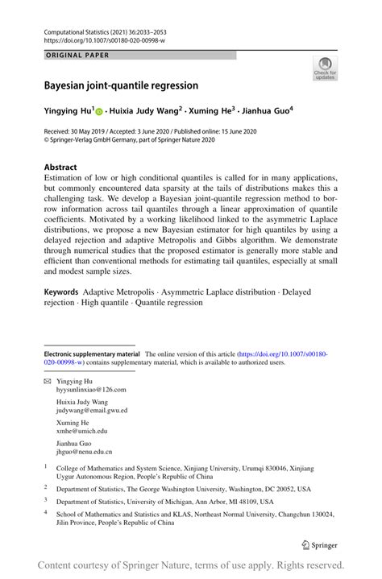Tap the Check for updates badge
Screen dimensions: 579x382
pyautogui.click(x=325, y=69)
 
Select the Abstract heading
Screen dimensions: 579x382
pyautogui.click(x=60, y=167)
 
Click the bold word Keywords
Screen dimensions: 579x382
pyautogui.click(x=65, y=291)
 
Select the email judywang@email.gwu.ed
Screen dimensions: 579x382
pyautogui.click(x=91, y=410)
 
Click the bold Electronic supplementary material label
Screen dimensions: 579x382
pyautogui.click(x=92, y=354)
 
